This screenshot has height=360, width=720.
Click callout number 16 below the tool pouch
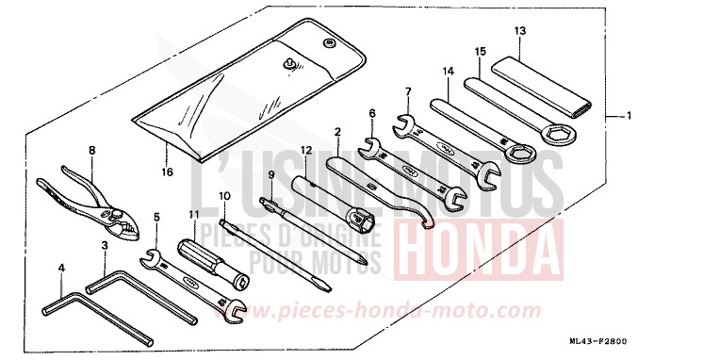coord(167,173)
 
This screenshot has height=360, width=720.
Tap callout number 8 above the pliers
coord(92,150)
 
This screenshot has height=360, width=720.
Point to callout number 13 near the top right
coord(519,30)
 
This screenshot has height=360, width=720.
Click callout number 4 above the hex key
coord(61,269)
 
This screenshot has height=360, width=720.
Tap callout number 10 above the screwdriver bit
coord(224,196)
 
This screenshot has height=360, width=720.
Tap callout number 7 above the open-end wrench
coord(408,91)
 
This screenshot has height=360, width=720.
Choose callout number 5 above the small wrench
coord(156,216)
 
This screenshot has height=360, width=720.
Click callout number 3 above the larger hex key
coord(106,244)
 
